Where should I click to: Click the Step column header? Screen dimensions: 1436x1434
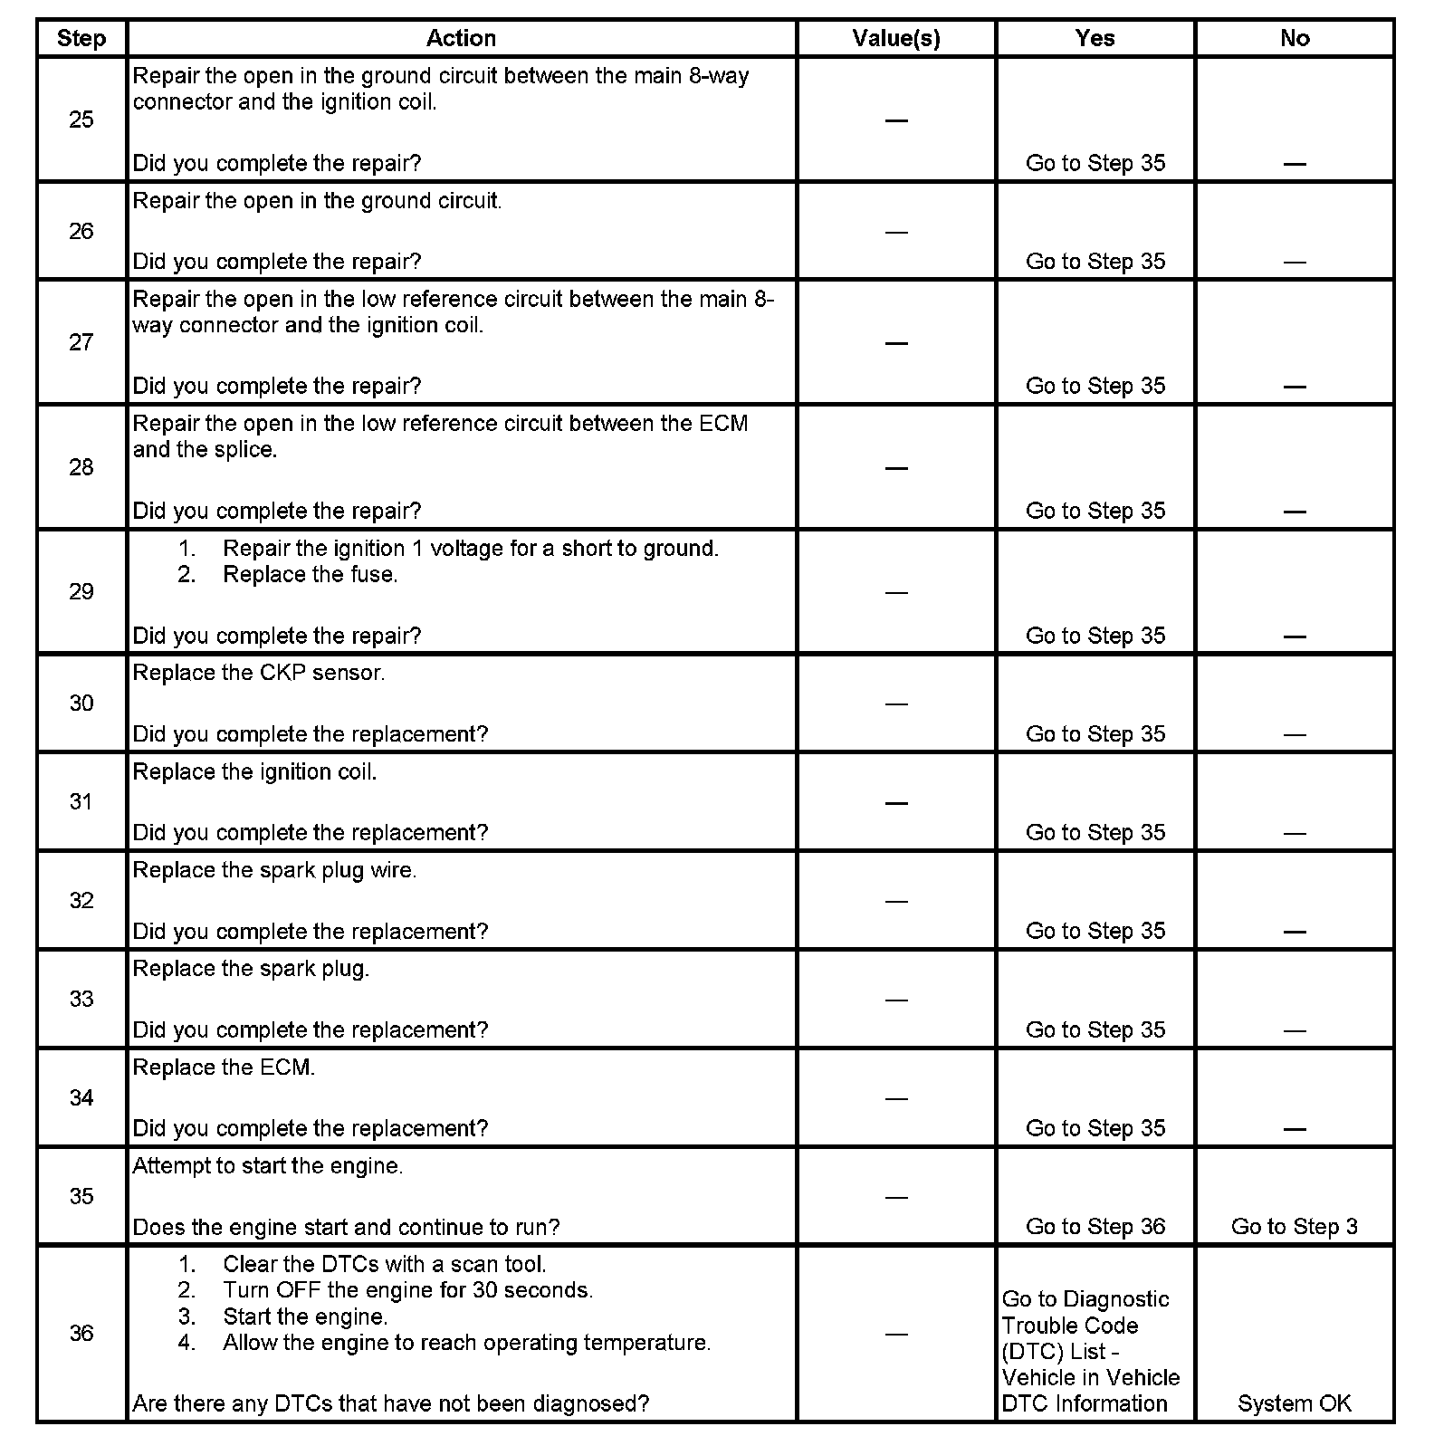tap(81, 38)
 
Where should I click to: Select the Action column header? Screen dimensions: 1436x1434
tap(461, 38)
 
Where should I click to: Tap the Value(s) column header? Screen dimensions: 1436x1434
tap(896, 38)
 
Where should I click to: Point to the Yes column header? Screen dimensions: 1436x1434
tap(1095, 38)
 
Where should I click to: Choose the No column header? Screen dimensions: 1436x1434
tap(1295, 38)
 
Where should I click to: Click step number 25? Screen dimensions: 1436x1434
tap(81, 120)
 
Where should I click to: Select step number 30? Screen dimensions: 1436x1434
tap(81, 704)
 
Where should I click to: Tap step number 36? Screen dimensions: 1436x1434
tap(81, 1333)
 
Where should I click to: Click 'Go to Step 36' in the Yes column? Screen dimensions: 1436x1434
tap(1095, 1227)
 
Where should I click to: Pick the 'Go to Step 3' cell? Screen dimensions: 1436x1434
tap(1295, 1227)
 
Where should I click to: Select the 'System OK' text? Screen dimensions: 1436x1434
tap(1295, 1403)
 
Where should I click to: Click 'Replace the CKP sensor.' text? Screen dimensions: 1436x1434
tap(259, 673)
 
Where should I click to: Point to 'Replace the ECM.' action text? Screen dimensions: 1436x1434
tap(224, 1067)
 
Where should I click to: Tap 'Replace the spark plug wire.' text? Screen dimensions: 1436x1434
tap(274, 870)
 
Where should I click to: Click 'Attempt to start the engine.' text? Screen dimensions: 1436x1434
tap(268, 1166)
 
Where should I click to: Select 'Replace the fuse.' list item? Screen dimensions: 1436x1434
tap(310, 575)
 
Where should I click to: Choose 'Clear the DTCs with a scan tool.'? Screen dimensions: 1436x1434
tap(384, 1264)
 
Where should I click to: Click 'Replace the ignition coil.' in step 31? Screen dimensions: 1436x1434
tap(254, 771)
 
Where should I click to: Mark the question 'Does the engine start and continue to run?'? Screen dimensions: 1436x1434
tap(346, 1227)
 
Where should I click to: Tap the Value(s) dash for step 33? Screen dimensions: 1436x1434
tap(896, 1000)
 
